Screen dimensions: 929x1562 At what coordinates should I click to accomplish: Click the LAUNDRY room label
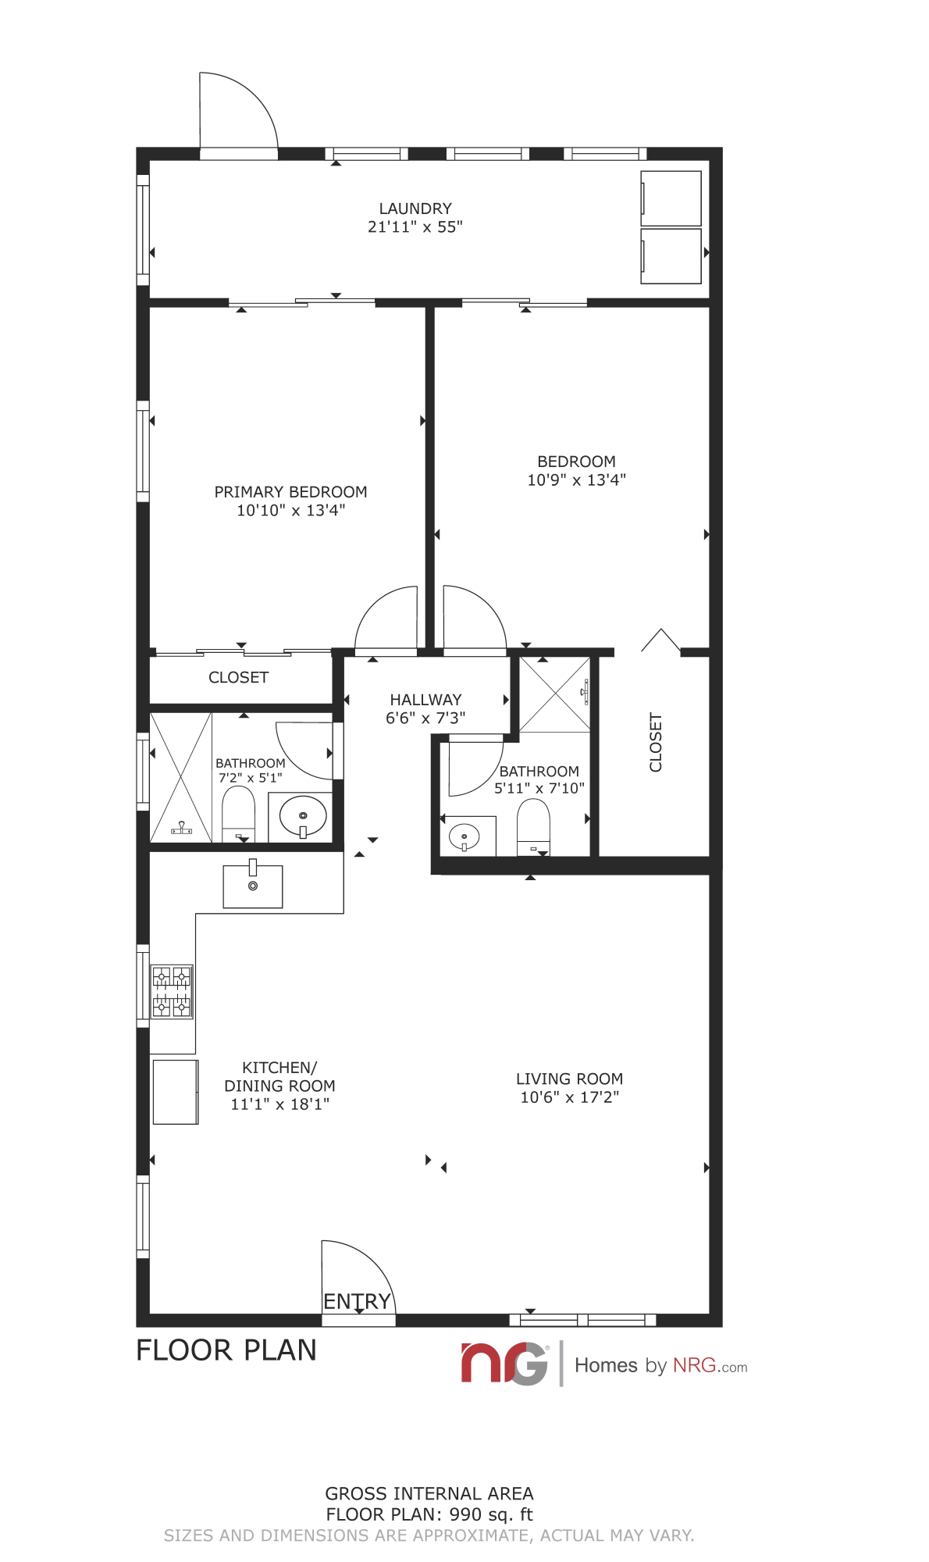coord(415,209)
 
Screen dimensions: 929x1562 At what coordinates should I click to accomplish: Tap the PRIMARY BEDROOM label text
coord(290,492)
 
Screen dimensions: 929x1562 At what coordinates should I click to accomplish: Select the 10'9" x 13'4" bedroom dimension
coord(577,480)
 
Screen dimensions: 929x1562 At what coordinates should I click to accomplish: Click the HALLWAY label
coord(425,700)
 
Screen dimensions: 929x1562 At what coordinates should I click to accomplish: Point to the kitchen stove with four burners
coord(172,991)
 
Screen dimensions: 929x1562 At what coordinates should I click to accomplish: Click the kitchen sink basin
coord(253,886)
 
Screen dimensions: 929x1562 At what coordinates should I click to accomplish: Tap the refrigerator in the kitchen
coord(176,1092)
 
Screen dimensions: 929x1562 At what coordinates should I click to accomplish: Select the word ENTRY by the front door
coord(357,1301)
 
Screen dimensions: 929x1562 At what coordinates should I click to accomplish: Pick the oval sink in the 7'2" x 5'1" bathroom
coord(303,815)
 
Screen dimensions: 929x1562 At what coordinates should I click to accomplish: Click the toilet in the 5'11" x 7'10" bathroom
coord(533,827)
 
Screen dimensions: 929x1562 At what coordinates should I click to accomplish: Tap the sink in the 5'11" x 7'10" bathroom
coord(464,837)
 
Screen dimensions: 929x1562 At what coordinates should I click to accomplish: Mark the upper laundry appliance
coord(671,198)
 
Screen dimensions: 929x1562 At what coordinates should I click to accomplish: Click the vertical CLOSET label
coord(656,742)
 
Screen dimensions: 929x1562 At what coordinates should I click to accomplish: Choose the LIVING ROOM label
coord(569,1079)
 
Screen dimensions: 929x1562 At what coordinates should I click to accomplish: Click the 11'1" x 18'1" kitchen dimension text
coord(280,1104)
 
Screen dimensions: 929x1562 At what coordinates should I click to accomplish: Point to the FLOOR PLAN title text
coord(226,1350)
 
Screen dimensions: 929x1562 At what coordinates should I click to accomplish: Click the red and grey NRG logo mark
coord(504,1364)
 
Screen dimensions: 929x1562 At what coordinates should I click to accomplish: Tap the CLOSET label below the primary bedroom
coord(238,677)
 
